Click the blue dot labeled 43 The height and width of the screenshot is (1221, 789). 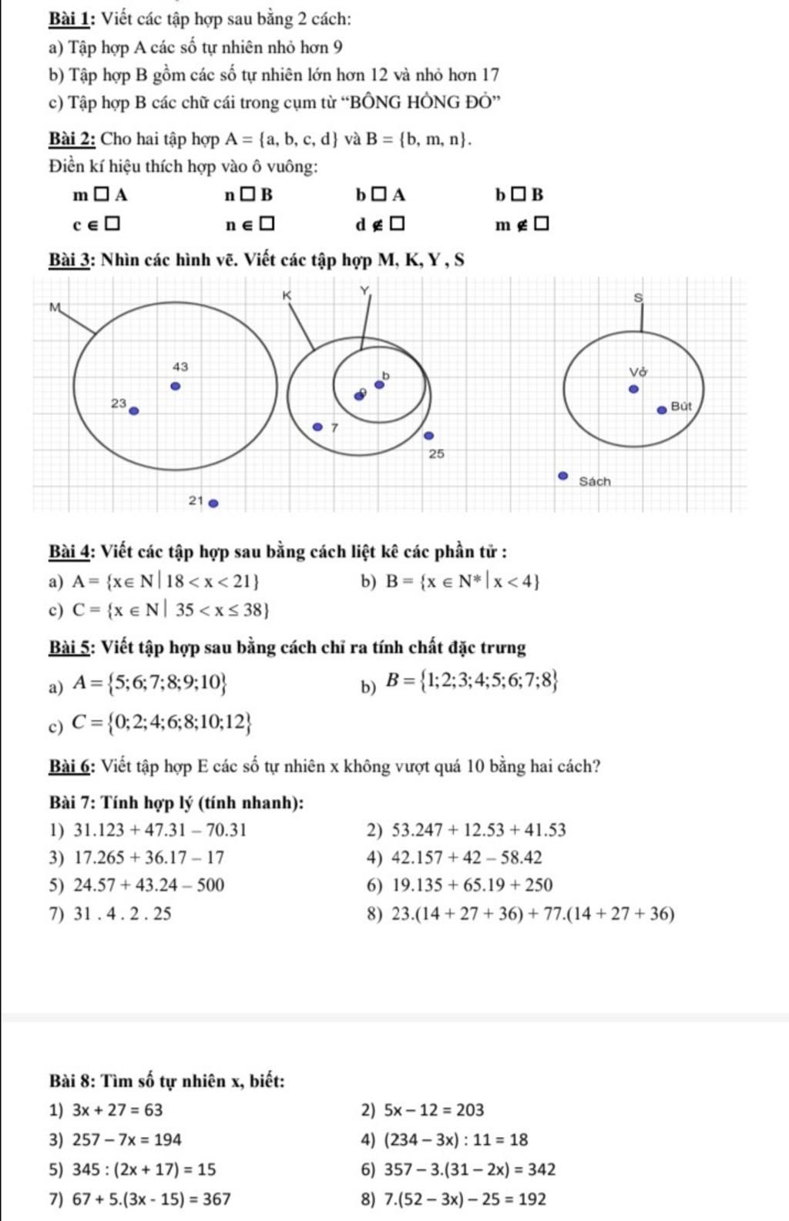pos(176,386)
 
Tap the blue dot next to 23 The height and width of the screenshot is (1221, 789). pos(133,410)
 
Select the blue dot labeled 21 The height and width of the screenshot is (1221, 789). pos(214,503)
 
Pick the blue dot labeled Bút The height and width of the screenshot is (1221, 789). pos(661,410)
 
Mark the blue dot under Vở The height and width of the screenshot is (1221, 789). pos(634,390)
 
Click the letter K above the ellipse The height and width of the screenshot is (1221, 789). pos(287,296)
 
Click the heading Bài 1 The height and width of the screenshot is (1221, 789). pos(72,18)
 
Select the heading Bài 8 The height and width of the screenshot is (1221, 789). pos(72,1081)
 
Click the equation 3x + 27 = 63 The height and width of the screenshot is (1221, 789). pos(117,1110)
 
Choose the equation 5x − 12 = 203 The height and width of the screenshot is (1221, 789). pos(434,1110)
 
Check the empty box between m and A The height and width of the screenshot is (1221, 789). pos(102,195)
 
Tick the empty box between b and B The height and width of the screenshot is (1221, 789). pos(521,195)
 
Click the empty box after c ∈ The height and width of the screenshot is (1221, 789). pos(112,224)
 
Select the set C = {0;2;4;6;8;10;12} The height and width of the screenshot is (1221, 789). pos(162,722)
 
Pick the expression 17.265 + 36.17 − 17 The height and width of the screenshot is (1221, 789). pos(149,858)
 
